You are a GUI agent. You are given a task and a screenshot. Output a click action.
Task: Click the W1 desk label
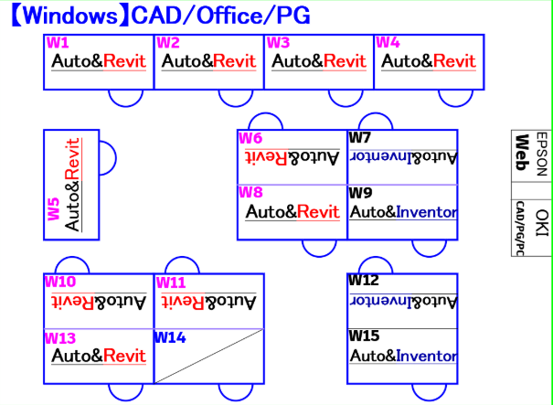[58, 43]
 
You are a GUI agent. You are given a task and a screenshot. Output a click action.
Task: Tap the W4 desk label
[388, 43]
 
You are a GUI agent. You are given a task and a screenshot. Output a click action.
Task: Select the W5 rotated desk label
[54, 209]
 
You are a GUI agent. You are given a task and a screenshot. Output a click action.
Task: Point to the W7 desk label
[360, 137]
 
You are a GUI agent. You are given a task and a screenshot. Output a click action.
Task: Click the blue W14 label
[170, 337]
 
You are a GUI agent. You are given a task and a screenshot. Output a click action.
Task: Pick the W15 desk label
[364, 336]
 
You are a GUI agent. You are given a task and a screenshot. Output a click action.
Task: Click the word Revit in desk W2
[235, 61]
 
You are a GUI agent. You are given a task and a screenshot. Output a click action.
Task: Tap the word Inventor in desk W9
[427, 212]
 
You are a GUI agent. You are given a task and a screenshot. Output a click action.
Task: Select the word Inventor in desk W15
[427, 356]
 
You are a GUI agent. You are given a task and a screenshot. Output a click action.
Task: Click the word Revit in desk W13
[124, 356]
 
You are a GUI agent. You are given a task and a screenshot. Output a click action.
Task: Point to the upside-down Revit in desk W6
[267, 157]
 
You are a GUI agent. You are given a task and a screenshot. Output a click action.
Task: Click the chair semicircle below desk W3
[346, 98]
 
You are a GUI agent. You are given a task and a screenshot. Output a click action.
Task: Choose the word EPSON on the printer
[541, 154]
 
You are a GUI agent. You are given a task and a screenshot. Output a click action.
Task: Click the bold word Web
[521, 153]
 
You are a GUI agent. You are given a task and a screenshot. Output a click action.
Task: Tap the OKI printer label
[542, 223]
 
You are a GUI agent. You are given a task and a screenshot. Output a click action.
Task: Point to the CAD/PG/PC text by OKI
[520, 229]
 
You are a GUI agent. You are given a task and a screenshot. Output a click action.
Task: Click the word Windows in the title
[69, 16]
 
